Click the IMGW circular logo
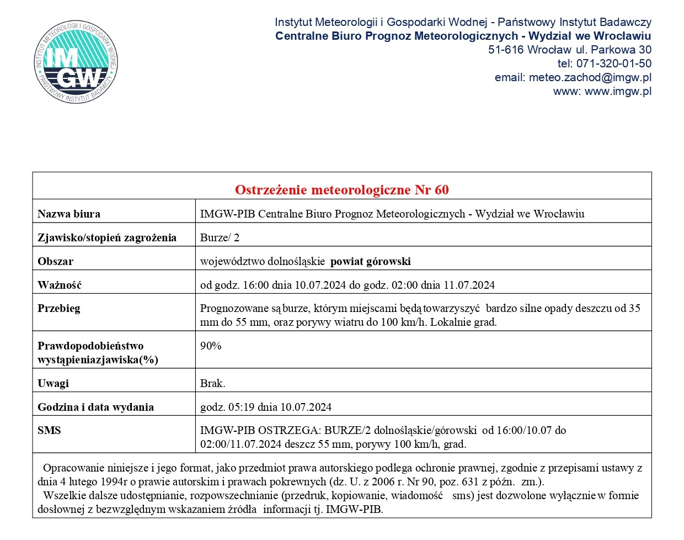[x=76, y=62]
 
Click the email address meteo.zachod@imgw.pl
[x=590, y=77]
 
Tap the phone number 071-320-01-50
[x=613, y=63]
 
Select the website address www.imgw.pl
[x=618, y=91]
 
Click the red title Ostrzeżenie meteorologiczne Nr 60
[x=341, y=190]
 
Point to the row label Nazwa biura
[x=69, y=214]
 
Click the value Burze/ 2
[x=220, y=237]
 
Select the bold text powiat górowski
[x=370, y=261]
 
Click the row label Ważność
[x=60, y=285]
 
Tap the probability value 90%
[x=211, y=346]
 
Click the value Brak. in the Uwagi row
[x=212, y=383]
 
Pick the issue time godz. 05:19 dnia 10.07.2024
[x=266, y=407]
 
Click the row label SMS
[x=49, y=430]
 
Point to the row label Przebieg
[x=59, y=308]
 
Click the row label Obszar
[x=55, y=261]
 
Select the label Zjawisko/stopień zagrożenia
[x=107, y=237]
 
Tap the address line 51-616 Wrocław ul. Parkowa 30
[x=569, y=50]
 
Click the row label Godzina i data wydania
[x=95, y=407]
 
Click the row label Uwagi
[x=53, y=383]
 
